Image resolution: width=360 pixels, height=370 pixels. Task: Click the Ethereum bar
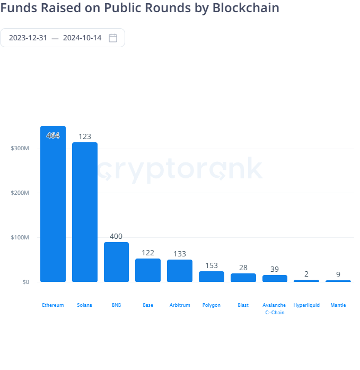(53, 204)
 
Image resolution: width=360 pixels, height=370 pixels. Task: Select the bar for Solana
(85, 212)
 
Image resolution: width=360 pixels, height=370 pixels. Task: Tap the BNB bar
(117, 262)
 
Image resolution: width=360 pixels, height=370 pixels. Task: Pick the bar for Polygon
(212, 277)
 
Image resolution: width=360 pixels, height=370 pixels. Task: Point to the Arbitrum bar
(180, 271)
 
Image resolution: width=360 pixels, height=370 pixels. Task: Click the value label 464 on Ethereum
(53, 135)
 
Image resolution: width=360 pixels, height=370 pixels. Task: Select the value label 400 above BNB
(116, 236)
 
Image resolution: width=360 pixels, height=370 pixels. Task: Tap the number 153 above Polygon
(212, 265)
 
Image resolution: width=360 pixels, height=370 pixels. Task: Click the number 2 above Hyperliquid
(306, 274)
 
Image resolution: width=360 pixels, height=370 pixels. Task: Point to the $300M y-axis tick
(20, 148)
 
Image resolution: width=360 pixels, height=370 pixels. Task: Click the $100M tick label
(20, 237)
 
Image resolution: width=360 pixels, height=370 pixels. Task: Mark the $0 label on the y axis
(25, 282)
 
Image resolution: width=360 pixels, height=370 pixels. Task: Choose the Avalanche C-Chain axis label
(275, 308)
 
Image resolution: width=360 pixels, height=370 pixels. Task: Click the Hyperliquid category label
(306, 305)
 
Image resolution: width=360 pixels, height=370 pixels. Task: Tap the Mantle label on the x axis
(338, 305)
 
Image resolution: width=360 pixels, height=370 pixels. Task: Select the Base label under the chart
(148, 305)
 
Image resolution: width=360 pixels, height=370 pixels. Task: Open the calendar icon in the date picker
(113, 38)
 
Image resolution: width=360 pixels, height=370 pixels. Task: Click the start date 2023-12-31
(28, 38)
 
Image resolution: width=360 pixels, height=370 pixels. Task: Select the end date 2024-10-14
(82, 38)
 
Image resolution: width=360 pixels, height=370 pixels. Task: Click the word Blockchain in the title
(246, 7)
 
